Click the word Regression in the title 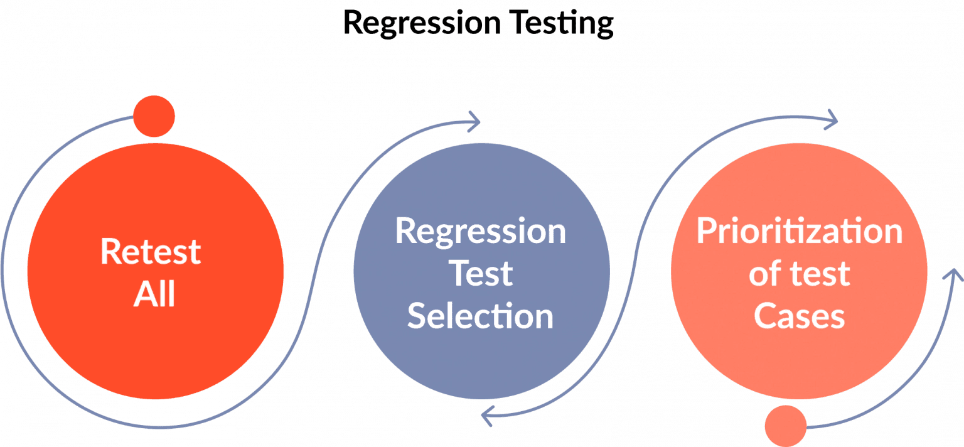point(421,23)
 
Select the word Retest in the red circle point(151,252)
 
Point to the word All point(154,294)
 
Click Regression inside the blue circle point(481,231)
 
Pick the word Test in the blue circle point(482,274)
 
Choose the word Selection point(481,316)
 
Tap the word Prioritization point(799,231)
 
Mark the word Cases point(799,316)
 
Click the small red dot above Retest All point(154,117)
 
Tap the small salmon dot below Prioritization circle point(786,426)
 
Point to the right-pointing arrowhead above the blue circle point(474,121)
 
